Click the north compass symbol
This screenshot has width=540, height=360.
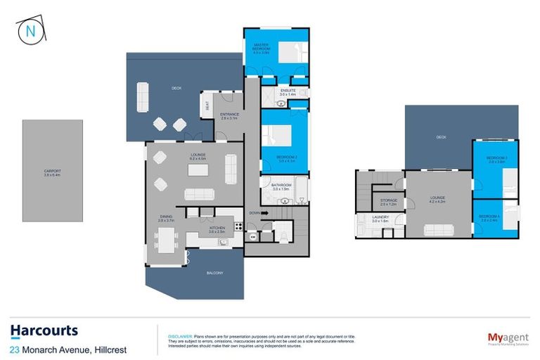pyautogui.click(x=30, y=32)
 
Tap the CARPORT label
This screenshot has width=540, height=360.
pyautogui.click(x=53, y=172)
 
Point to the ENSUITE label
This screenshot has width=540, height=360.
pyautogui.click(x=287, y=91)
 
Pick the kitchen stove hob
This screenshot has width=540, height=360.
pyautogui.click(x=238, y=226)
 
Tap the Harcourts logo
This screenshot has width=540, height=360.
pyautogui.click(x=44, y=330)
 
